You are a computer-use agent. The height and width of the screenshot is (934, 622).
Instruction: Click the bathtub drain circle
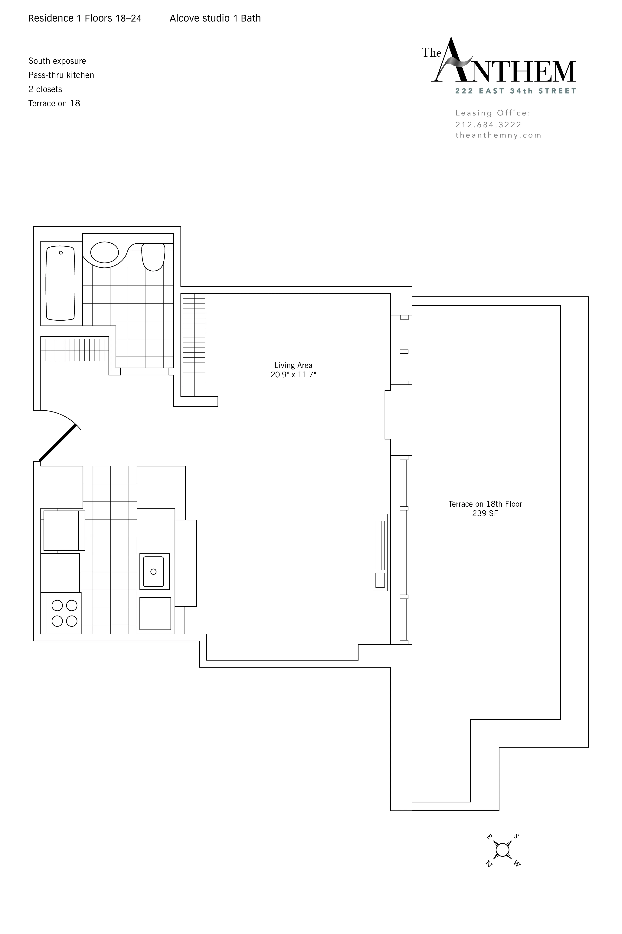tap(61, 253)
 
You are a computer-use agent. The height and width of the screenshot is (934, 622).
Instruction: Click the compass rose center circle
tap(503, 850)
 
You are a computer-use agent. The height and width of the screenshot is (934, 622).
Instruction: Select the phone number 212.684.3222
tap(488, 125)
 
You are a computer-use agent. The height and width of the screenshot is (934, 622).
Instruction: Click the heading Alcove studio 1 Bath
tap(215, 18)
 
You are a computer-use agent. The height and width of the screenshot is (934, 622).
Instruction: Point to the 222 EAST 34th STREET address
tap(516, 91)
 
